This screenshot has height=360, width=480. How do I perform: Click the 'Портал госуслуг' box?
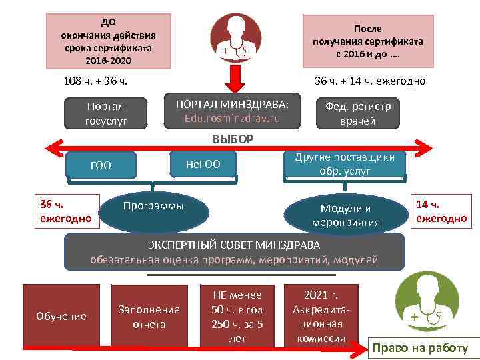(x=106, y=113)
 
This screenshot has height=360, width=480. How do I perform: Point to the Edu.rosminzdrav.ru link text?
(x=232, y=119)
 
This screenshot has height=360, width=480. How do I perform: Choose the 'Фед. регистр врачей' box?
(x=357, y=113)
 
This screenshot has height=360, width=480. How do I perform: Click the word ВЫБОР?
(x=233, y=139)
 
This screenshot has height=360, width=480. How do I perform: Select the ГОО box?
(x=101, y=165)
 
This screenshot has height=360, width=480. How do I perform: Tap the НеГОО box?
(x=203, y=164)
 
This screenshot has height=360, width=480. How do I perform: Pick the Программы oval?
(x=153, y=207)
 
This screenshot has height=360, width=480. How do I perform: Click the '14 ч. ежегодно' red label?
(x=441, y=211)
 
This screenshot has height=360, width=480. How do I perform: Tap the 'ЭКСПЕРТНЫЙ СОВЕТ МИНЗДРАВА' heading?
(x=234, y=245)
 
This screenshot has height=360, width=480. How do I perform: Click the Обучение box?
(x=61, y=316)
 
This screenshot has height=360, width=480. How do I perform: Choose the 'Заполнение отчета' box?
(x=149, y=317)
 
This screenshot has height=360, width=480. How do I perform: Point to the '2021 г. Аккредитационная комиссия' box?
(x=321, y=317)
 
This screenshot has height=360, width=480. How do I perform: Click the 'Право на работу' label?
(x=420, y=348)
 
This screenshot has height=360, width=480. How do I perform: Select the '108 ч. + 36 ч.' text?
(x=95, y=81)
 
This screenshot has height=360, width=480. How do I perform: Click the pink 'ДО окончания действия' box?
(x=108, y=41)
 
